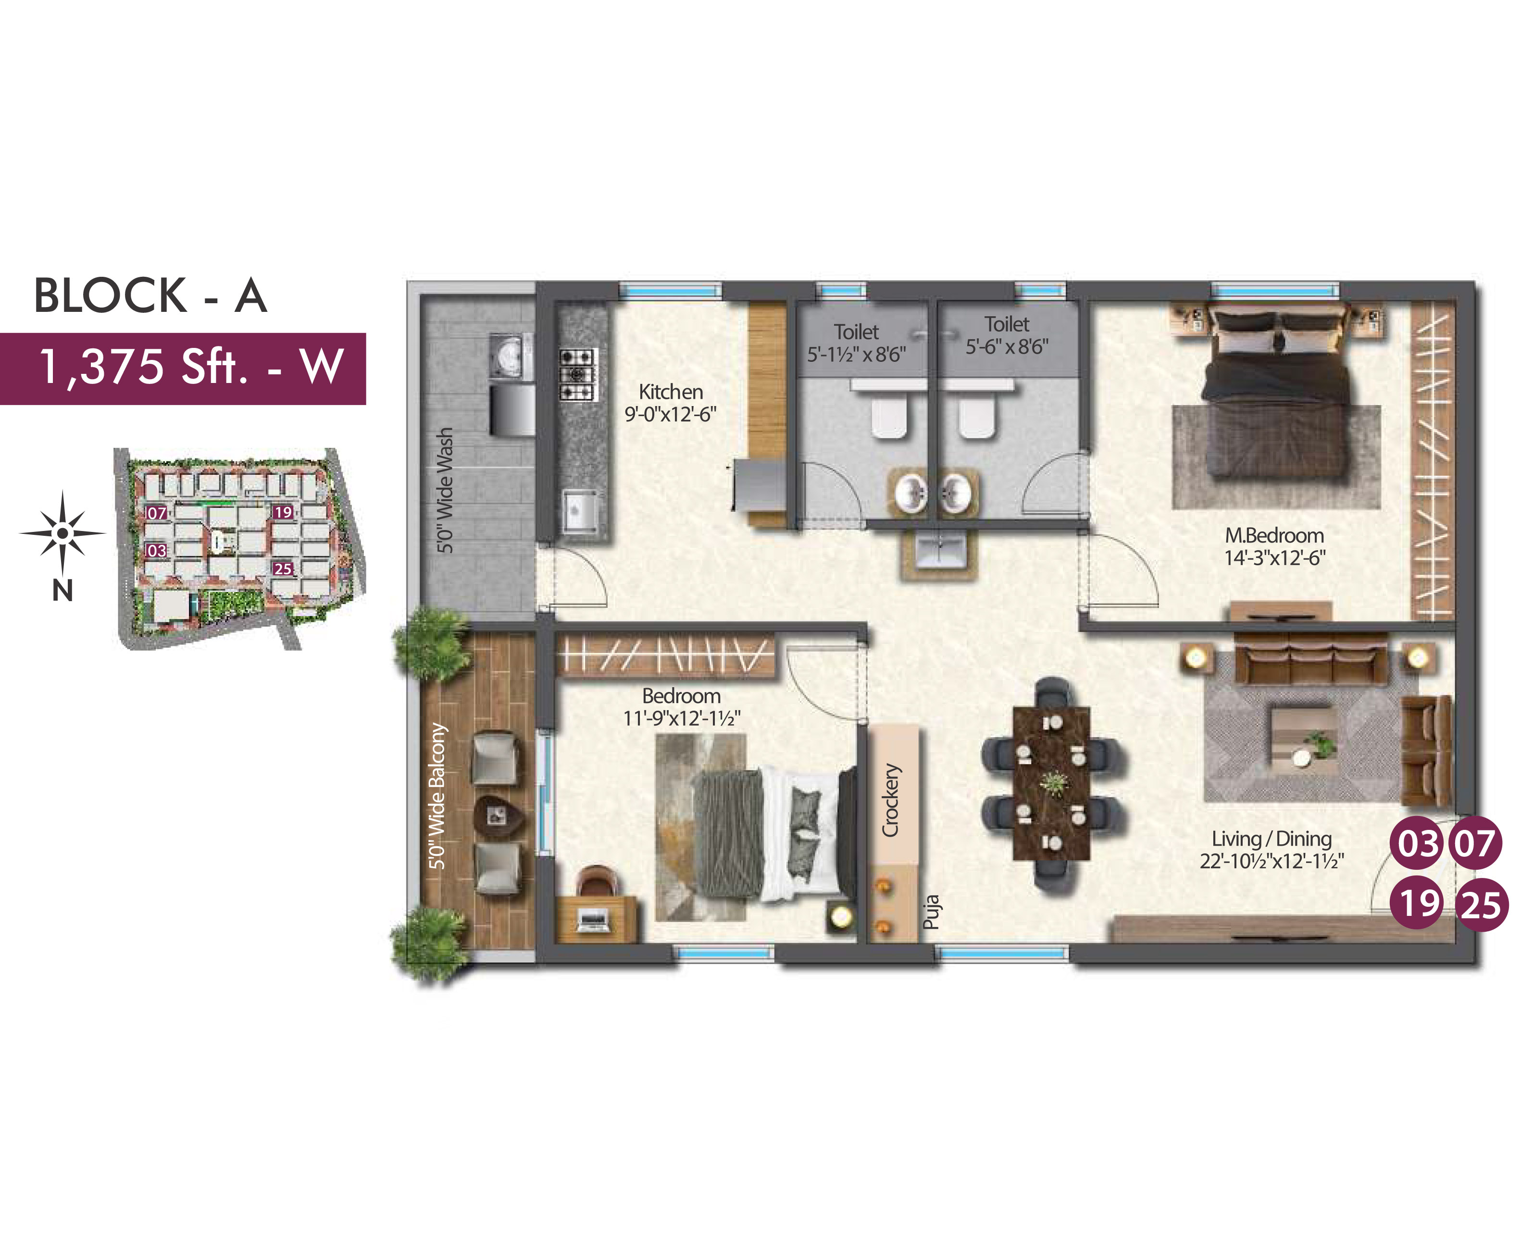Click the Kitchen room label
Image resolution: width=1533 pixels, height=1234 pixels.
click(x=671, y=392)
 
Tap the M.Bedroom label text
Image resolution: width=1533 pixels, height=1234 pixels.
click(x=1274, y=535)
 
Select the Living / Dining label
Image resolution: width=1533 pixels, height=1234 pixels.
click(x=1271, y=839)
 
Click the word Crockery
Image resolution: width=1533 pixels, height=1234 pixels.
click(x=891, y=800)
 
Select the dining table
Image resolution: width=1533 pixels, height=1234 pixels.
click(x=1052, y=783)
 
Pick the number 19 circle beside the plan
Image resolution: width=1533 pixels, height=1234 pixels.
click(x=1418, y=903)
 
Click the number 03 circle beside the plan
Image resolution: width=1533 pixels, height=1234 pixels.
click(x=1418, y=844)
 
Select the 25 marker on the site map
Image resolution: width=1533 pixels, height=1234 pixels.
click(x=283, y=568)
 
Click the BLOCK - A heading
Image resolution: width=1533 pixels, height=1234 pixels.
click(x=150, y=295)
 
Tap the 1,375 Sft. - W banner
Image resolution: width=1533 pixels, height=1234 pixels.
click(x=183, y=368)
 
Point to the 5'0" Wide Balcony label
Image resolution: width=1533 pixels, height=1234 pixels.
click(x=437, y=796)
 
